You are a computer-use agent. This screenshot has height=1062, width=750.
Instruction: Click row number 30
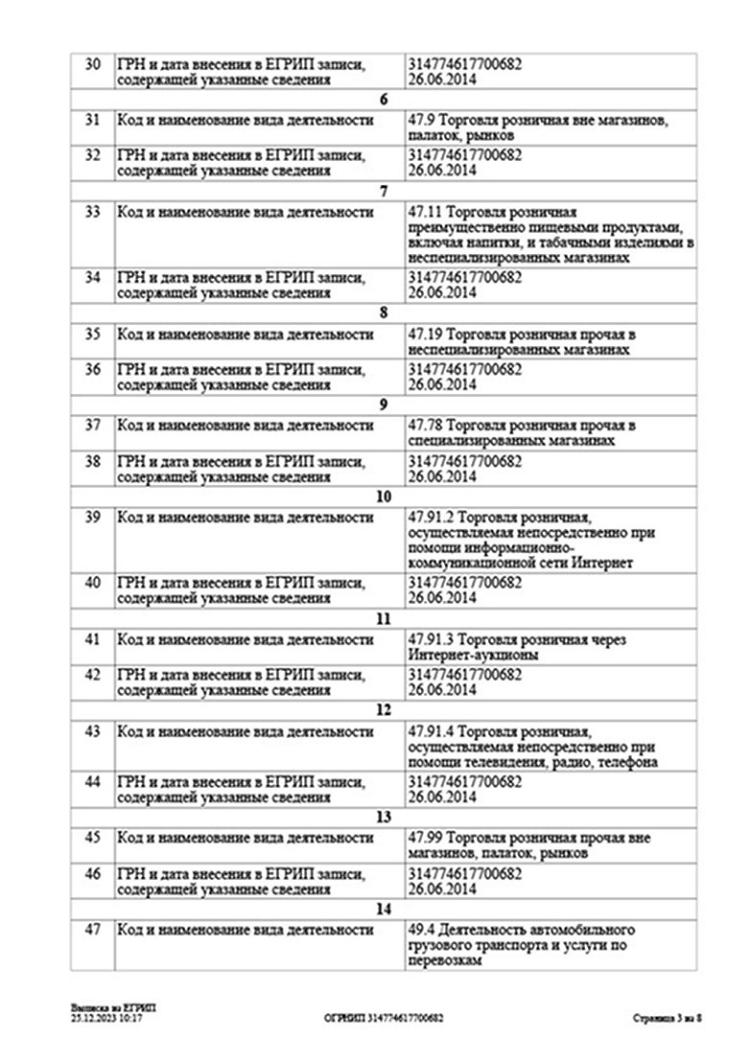(x=92, y=64)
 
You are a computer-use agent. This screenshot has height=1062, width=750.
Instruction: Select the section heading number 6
(x=384, y=101)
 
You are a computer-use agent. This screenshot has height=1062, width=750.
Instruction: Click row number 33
(x=92, y=212)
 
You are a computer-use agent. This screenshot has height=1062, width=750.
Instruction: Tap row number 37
(x=92, y=425)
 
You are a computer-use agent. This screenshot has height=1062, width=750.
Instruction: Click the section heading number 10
(x=384, y=496)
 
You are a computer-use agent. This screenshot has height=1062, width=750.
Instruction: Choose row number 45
(x=92, y=838)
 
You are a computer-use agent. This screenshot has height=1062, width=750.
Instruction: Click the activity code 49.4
(x=421, y=931)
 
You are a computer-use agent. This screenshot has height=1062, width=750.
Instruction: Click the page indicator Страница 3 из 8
(x=668, y=1018)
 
